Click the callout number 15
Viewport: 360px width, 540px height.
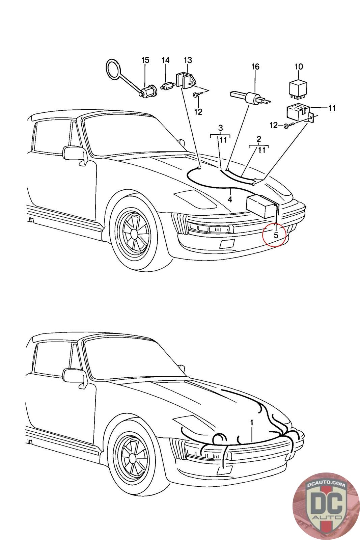click(145, 60)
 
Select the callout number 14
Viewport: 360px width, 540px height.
click(165, 60)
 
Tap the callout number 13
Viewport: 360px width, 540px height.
click(188, 60)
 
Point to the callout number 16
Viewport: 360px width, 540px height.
click(255, 67)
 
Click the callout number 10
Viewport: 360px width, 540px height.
click(299, 67)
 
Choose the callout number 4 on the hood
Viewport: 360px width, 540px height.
click(230, 199)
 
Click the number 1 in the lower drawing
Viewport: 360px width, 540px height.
click(251, 422)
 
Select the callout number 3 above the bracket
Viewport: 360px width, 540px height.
click(220, 128)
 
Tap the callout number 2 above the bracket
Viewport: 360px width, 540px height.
click(259, 139)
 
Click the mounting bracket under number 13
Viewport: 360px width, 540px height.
click(184, 81)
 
